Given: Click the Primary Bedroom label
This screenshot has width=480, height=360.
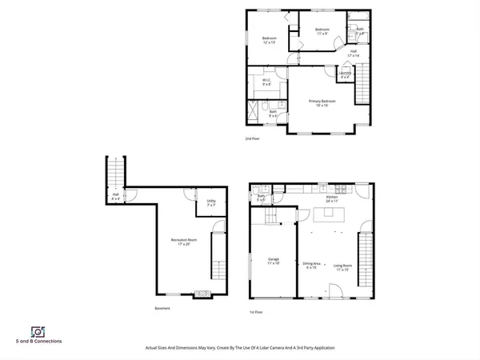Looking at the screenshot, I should pyautogui.click(x=322, y=102).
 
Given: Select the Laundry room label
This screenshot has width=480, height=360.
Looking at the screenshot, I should pyautogui.click(x=344, y=74).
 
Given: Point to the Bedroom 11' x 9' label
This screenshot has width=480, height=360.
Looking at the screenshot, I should pyautogui.click(x=321, y=33).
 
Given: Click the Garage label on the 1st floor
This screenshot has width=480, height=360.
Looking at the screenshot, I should pyautogui.click(x=273, y=261).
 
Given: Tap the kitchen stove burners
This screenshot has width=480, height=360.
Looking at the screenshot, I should pyautogui.click(x=342, y=189).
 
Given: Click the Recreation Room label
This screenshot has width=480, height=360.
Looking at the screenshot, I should pyautogui.click(x=180, y=242).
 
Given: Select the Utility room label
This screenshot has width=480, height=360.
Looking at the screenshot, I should pyautogui.click(x=211, y=202).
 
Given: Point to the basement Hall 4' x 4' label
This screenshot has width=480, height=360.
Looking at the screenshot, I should pyautogui.click(x=115, y=196).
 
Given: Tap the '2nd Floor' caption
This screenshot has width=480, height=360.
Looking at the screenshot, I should pyautogui.click(x=253, y=138).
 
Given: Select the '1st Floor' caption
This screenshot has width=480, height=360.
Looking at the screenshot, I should pyautogui.click(x=256, y=311).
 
